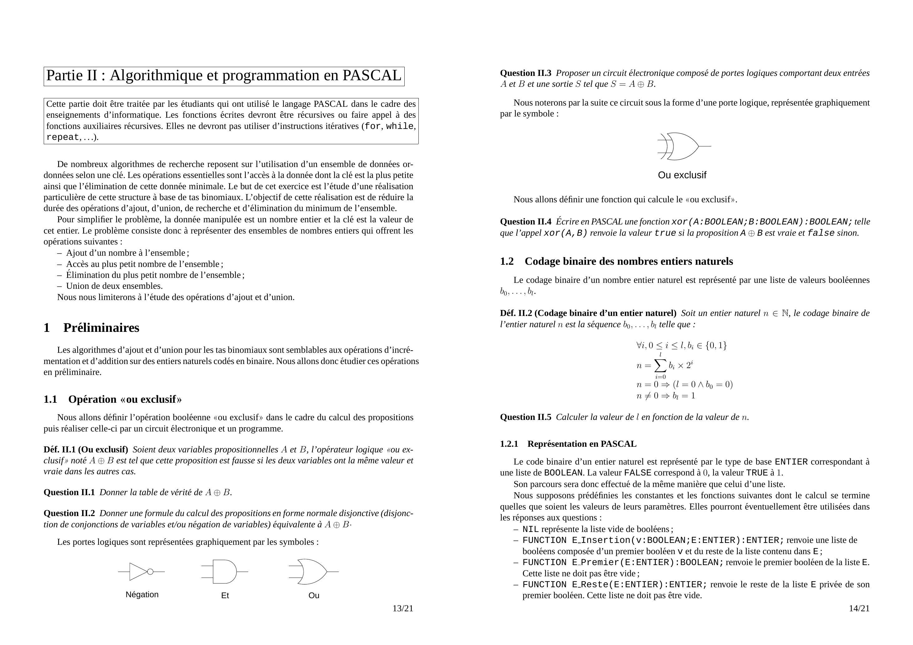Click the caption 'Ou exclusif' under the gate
682,175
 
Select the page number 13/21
403,608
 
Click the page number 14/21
859,608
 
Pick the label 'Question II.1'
69,492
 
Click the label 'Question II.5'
525,417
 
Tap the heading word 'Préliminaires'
101,328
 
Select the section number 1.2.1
509,444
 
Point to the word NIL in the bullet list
531,529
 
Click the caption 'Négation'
142,594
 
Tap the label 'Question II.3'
525,73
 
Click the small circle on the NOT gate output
150,572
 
